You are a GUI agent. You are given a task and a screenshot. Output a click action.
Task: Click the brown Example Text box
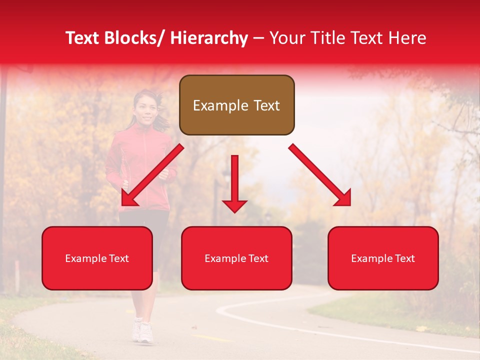tap(236, 105)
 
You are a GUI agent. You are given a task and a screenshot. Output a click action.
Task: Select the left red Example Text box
tap(97, 258)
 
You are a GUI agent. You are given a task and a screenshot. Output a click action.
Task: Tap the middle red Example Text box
tap(236, 258)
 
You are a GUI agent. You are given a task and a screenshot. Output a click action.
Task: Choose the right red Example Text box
tap(383, 258)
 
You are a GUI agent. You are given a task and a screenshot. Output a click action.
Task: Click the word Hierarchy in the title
tap(209, 38)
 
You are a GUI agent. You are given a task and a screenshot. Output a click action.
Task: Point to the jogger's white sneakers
tap(142, 331)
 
